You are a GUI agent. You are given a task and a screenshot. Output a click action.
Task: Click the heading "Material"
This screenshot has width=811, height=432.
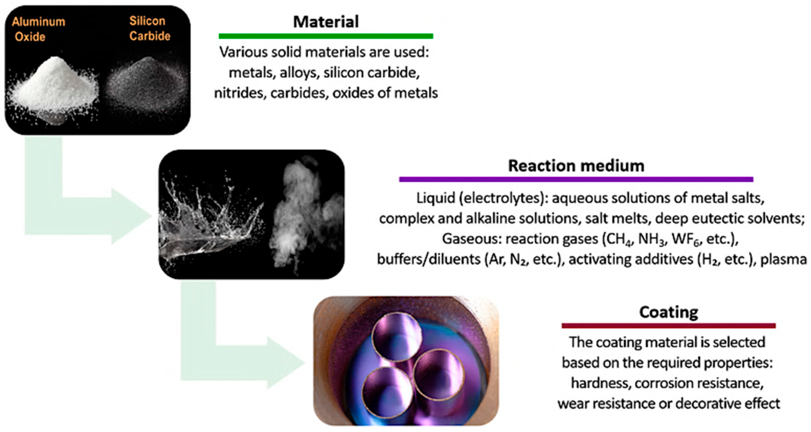[326, 22]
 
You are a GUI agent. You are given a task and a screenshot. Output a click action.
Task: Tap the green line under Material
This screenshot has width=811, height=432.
[326, 36]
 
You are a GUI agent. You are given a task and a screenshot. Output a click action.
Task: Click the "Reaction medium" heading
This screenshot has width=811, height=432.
[576, 166]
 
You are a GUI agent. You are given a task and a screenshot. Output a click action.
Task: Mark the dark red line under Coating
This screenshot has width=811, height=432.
[669, 326]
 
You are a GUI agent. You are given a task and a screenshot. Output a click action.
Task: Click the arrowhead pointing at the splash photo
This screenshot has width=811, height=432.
[132, 216]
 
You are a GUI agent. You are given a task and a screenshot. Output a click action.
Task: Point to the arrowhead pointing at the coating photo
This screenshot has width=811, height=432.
[287, 363]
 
